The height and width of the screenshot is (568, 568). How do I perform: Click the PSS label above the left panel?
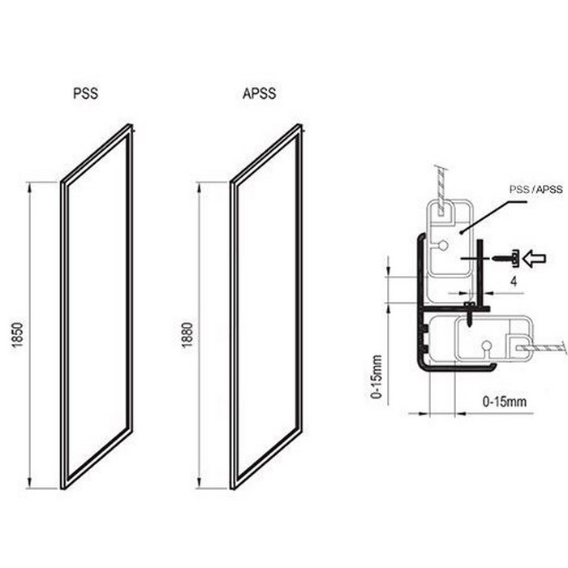click(85, 93)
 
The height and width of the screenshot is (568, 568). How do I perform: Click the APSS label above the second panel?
click(259, 93)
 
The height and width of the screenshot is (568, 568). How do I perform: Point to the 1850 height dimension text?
click(18, 335)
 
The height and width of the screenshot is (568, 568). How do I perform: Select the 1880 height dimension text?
click(187, 335)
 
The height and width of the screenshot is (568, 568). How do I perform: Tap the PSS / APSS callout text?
click(536, 189)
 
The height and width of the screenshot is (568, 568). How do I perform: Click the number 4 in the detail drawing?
click(514, 282)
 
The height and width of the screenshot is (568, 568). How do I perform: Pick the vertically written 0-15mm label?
click(377, 377)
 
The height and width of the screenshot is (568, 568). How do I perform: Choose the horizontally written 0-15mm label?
click(504, 402)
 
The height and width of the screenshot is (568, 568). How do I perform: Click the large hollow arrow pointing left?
click(534, 259)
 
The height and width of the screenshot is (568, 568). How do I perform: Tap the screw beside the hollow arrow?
click(505, 258)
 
